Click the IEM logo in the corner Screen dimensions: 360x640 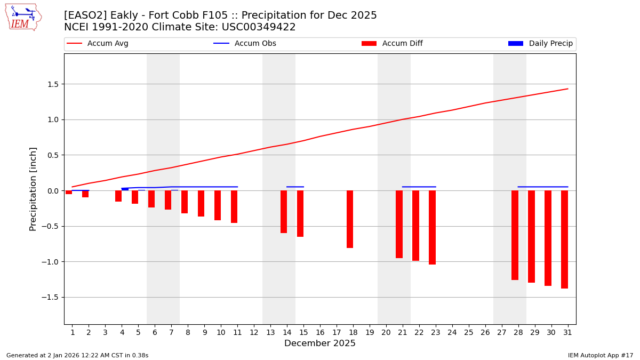pyautogui.click(x=23, y=17)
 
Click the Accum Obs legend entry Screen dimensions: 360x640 pyautogui.click(x=245, y=44)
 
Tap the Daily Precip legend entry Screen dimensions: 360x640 pyautogui.click(x=541, y=44)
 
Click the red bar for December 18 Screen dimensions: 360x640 pyautogui.click(x=350, y=219)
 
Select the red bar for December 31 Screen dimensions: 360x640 pyautogui.click(x=564, y=239)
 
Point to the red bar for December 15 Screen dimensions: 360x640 pyautogui.click(x=300, y=213)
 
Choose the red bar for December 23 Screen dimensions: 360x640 pyautogui.click(x=432, y=227)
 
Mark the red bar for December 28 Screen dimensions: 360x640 pyautogui.click(x=515, y=235)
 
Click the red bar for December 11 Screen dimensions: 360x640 pyautogui.click(x=234, y=206)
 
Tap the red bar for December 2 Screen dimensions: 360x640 pyautogui.click(x=85, y=194)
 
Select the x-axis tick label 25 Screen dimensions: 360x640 pyautogui.click(x=469, y=332)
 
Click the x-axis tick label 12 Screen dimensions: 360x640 pyautogui.click(x=254, y=332)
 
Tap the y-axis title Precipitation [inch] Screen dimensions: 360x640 pyautogui.click(x=33, y=189)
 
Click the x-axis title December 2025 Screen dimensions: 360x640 pyautogui.click(x=320, y=343)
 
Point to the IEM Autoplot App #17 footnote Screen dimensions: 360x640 pyautogui.click(x=601, y=355)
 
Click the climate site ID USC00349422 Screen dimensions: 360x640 pyautogui.click(x=263, y=27)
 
